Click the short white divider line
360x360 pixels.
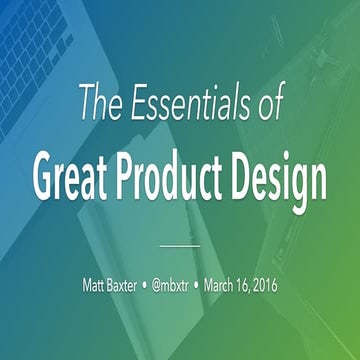click(180, 243)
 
